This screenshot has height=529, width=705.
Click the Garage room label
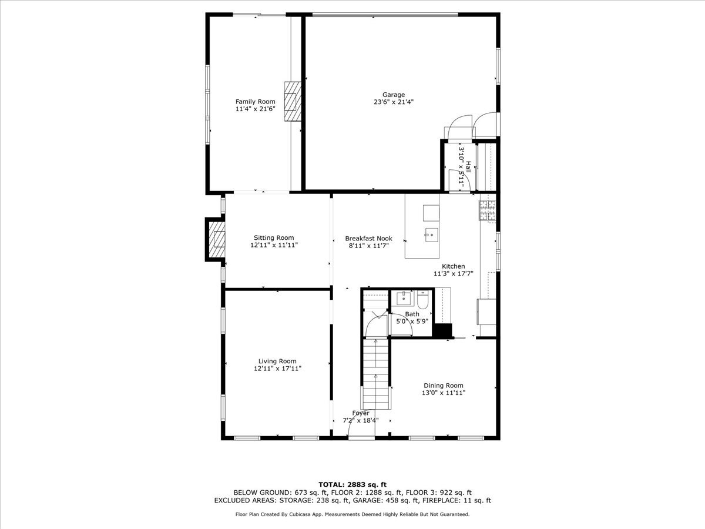click(x=394, y=95)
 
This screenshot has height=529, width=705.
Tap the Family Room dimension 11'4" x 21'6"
click(x=255, y=109)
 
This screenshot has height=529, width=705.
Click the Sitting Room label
click(x=274, y=238)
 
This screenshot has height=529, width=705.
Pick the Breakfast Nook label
click(x=368, y=238)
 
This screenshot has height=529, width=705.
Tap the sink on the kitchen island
click(x=431, y=235)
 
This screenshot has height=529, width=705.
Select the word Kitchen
click(x=454, y=266)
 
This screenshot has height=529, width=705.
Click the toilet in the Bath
click(x=423, y=301)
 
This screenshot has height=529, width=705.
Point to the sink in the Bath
click(x=404, y=299)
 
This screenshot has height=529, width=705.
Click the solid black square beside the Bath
click(x=441, y=330)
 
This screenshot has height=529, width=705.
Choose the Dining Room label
click(x=443, y=386)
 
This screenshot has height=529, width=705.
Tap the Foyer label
click(x=361, y=413)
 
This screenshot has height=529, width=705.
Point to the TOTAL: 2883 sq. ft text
click(x=352, y=484)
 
